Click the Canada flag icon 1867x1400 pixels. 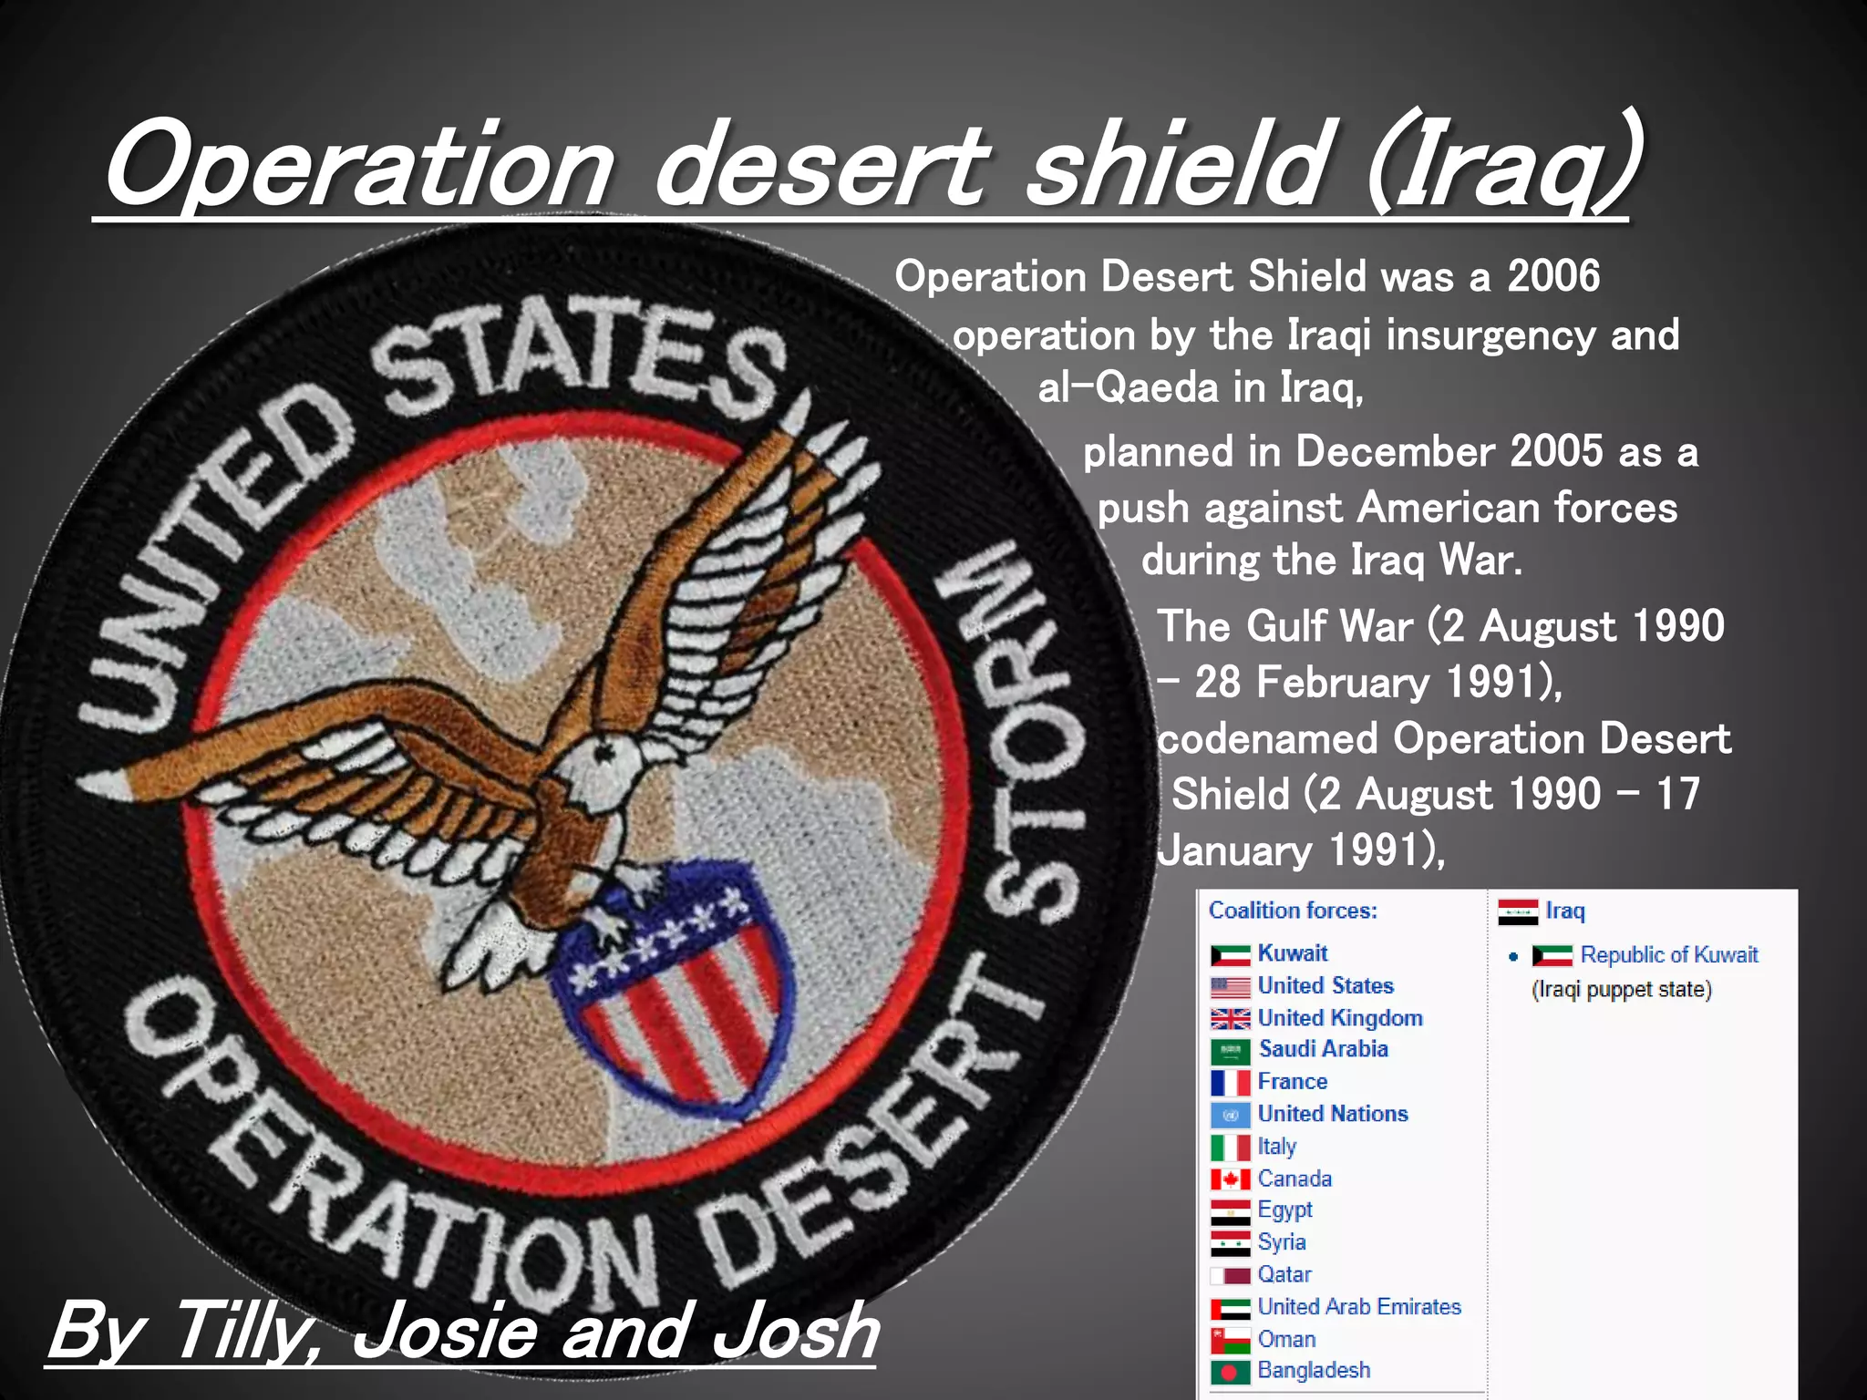tap(1230, 1179)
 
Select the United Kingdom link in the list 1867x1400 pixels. tap(1339, 1018)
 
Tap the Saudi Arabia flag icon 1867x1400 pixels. tap(1230, 1051)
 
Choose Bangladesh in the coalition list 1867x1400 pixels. tap(1313, 1371)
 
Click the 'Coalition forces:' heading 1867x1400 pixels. tap(1292, 911)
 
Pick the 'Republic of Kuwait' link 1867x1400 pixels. tap(1668, 955)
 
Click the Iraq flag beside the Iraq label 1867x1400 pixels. tap(1518, 911)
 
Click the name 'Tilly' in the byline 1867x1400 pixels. tap(241, 1332)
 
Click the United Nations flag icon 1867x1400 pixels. tap(1230, 1115)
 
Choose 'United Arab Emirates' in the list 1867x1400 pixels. tap(1358, 1307)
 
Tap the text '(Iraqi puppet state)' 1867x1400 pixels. tap(1621, 990)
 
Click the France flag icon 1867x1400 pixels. tap(1230, 1083)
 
